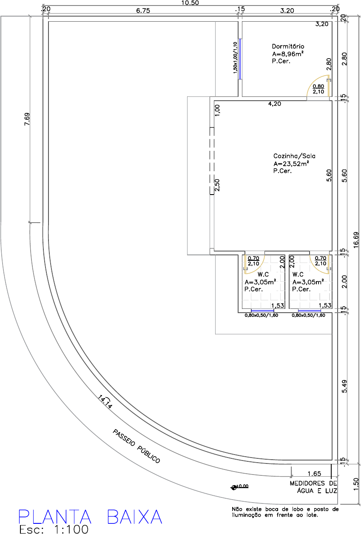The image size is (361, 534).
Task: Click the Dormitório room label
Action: (x=288, y=46)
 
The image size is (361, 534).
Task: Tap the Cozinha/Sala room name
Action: (x=294, y=156)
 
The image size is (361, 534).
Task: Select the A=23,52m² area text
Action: (x=291, y=164)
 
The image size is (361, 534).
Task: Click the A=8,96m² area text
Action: (x=288, y=54)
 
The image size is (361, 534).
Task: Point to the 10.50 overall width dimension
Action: (x=190, y=3)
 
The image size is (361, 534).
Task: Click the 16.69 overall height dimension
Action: (x=356, y=240)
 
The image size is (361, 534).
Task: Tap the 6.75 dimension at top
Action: (x=143, y=11)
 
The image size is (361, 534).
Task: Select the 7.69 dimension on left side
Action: (x=27, y=119)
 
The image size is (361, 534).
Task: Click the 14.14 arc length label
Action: (x=105, y=402)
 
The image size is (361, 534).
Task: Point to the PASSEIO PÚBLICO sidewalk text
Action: (x=136, y=446)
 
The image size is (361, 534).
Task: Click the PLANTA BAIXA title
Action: (x=91, y=517)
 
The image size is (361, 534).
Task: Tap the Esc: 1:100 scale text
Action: (x=54, y=529)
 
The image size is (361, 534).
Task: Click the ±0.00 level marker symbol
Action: (x=234, y=488)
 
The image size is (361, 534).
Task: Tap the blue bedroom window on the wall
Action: (x=240, y=59)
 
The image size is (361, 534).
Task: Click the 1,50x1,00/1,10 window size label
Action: (x=235, y=58)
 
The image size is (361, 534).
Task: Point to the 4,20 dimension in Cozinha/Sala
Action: (x=275, y=104)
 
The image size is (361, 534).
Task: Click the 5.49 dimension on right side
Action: (x=344, y=387)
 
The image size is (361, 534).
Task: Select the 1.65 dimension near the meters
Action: (x=314, y=473)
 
